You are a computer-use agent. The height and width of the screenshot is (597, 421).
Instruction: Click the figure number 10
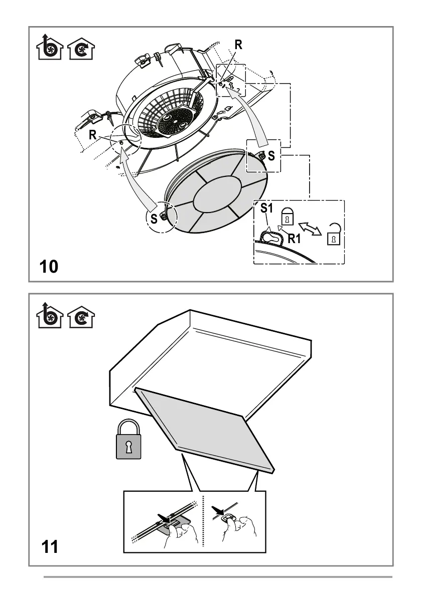(x=49, y=266)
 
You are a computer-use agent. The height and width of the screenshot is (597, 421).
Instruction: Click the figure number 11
(x=49, y=546)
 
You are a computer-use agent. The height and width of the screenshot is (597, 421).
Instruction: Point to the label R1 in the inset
(x=294, y=239)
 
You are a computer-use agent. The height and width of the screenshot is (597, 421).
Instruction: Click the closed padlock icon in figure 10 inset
(x=287, y=217)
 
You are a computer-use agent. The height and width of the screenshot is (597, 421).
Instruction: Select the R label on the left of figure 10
(x=93, y=135)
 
